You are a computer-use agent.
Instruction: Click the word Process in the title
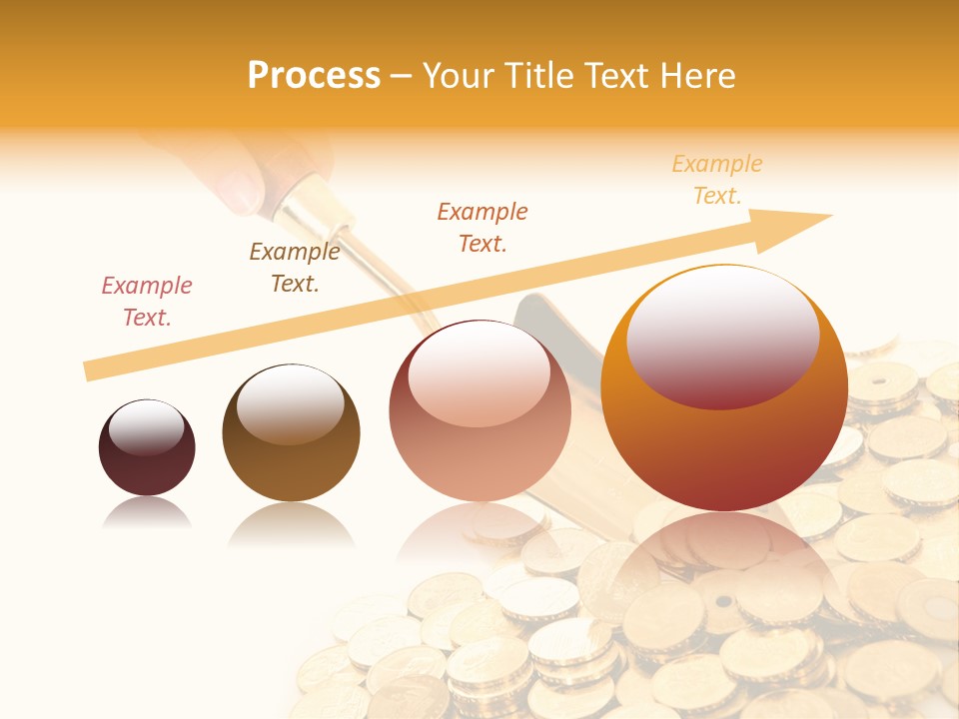(x=314, y=75)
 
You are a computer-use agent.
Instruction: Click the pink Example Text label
(x=147, y=302)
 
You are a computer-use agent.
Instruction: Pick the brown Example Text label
(x=295, y=268)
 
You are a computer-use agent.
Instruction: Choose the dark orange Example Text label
(x=482, y=228)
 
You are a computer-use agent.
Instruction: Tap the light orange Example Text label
(x=716, y=180)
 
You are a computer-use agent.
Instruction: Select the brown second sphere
(x=291, y=439)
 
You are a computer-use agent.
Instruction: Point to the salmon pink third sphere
(x=479, y=419)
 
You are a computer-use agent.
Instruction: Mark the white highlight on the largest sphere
(x=722, y=335)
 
